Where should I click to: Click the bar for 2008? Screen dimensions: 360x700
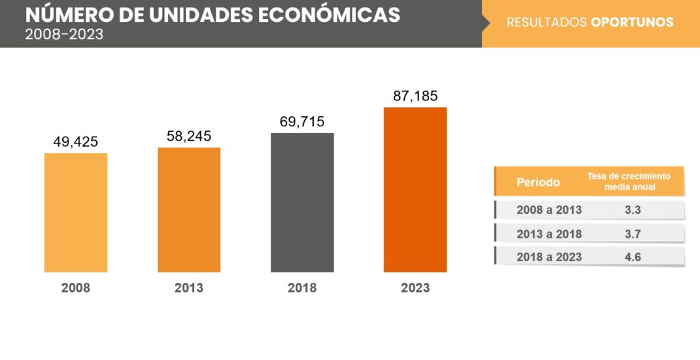point(75,212)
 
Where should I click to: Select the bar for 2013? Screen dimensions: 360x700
point(189,210)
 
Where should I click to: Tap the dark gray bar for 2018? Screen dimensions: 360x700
point(302,202)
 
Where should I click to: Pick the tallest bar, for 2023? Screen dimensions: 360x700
point(415,190)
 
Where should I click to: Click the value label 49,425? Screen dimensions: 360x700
point(75,142)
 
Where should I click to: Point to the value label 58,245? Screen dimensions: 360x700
point(189,137)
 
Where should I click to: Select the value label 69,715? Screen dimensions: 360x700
point(302,122)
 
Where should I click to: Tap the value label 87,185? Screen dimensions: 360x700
point(415,96)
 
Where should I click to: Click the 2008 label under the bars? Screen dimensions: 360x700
point(75,288)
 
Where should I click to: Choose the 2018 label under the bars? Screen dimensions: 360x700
point(302,288)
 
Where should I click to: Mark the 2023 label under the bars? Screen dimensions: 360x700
point(415,288)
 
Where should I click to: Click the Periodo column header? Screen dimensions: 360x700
point(538,182)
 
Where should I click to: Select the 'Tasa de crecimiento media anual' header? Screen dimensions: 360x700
point(629,181)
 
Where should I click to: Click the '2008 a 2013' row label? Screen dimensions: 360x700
point(549,210)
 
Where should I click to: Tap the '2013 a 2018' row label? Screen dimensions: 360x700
point(549,234)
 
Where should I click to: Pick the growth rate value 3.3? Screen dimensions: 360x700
point(632,210)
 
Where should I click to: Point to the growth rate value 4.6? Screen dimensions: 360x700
point(632,257)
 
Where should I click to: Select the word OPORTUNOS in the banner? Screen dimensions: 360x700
point(632,23)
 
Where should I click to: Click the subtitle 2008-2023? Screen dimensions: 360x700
point(64,34)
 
